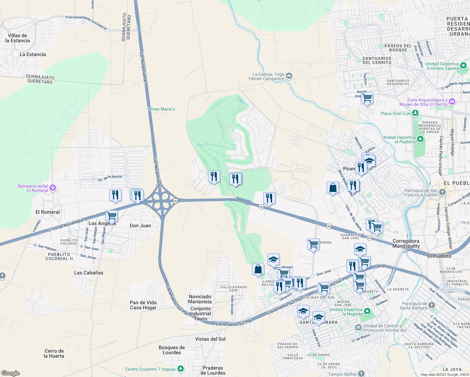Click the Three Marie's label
click(x=161, y=109)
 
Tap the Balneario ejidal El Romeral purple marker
click(x=53, y=188)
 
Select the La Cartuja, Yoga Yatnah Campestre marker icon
click(x=289, y=76)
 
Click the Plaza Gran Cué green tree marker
click(x=415, y=113)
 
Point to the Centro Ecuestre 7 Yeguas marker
click(x=181, y=369)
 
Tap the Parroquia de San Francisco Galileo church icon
click(x=442, y=192)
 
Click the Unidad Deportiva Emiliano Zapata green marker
click(x=463, y=66)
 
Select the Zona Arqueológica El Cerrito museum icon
click(x=452, y=101)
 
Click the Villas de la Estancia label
click(x=18, y=38)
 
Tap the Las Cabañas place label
click(x=89, y=273)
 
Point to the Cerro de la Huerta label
click(x=54, y=353)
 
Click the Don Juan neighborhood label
click(x=140, y=226)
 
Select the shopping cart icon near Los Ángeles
click(x=112, y=216)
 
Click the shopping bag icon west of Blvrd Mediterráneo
click(x=333, y=188)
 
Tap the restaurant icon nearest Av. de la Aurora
click(x=115, y=195)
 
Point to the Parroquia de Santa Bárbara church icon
click(x=431, y=305)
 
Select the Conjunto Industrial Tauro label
click(x=200, y=314)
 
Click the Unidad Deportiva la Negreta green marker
click(x=367, y=311)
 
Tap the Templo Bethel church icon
click(x=361, y=374)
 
